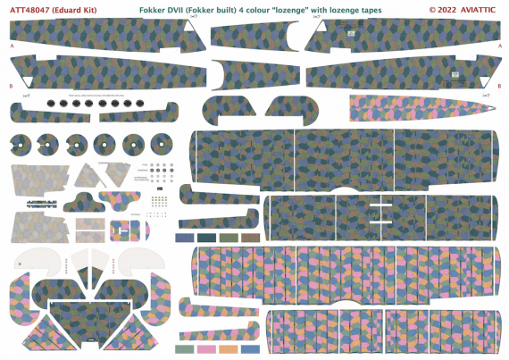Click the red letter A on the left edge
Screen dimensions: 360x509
coord(11,45)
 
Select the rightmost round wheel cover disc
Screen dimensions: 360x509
coord(160,143)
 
